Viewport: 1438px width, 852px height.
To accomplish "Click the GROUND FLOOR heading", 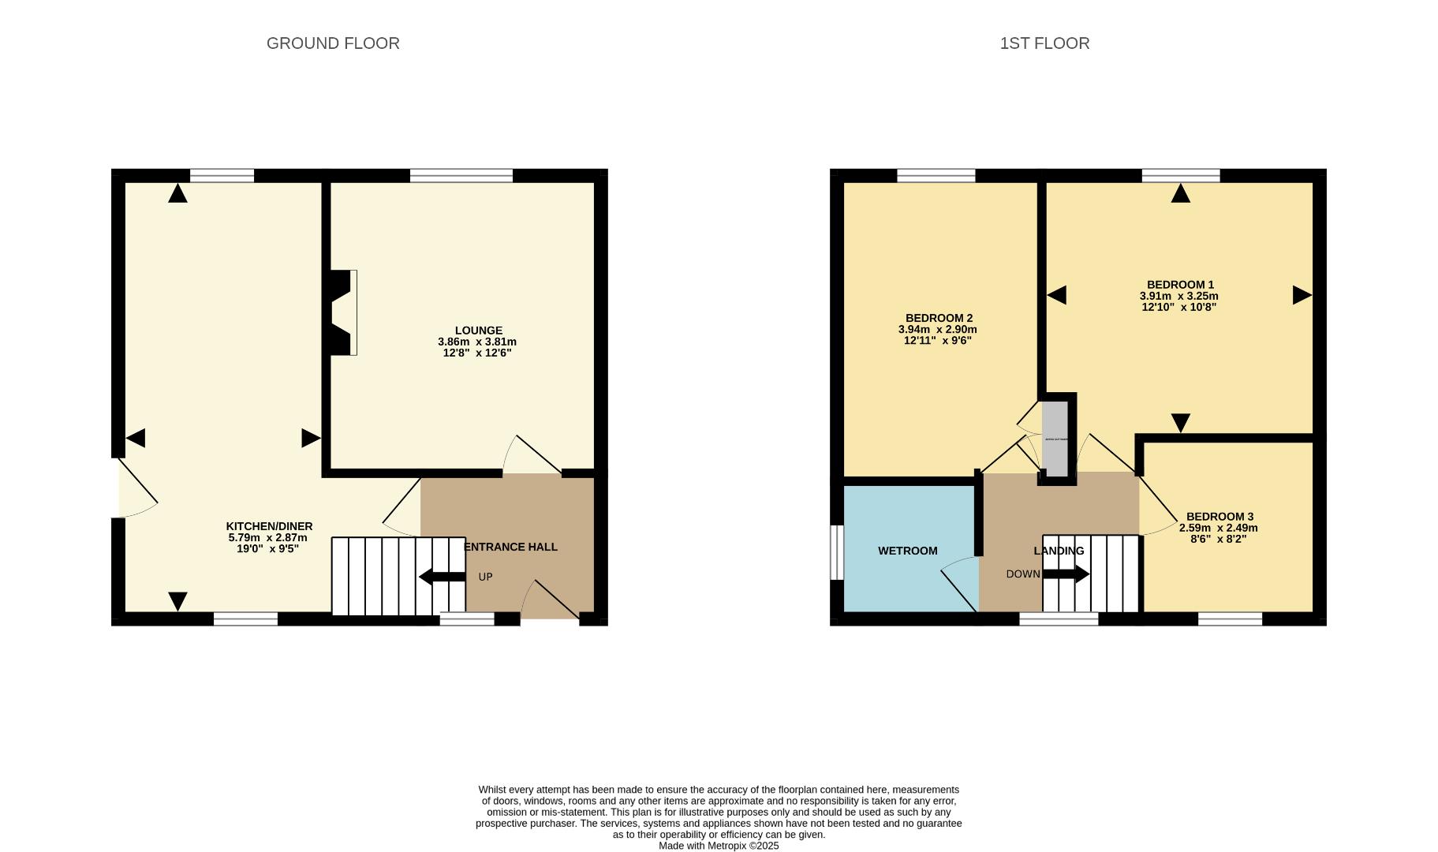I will (x=333, y=43).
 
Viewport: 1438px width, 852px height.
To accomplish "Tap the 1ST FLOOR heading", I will (x=1044, y=43).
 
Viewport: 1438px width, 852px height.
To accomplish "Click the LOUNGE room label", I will (x=478, y=331).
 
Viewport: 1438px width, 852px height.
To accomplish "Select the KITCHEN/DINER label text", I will (x=269, y=526).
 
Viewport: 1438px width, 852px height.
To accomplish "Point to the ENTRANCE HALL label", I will (x=511, y=547).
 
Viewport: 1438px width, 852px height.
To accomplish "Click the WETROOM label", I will (x=907, y=551).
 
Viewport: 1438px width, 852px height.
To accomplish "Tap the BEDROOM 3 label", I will (x=1219, y=517).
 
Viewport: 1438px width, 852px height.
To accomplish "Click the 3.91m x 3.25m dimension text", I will (x=1178, y=296).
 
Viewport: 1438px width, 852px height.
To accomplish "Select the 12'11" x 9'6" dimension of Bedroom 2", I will (x=937, y=341).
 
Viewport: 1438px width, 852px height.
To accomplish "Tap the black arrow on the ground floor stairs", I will (x=441, y=577).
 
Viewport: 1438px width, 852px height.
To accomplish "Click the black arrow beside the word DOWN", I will (x=1066, y=574).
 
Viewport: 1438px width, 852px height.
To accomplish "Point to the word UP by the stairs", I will (x=485, y=577).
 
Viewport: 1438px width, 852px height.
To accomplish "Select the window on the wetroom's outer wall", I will (x=837, y=552).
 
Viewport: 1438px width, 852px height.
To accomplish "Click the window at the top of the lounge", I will (x=461, y=175).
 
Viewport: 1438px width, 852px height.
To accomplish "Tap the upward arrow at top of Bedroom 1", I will (x=1180, y=193).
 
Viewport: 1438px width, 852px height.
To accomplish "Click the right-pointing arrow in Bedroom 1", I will (x=1302, y=295).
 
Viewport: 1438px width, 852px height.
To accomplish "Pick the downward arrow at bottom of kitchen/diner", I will (x=178, y=601).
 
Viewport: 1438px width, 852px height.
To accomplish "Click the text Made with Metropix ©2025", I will (x=719, y=846).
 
